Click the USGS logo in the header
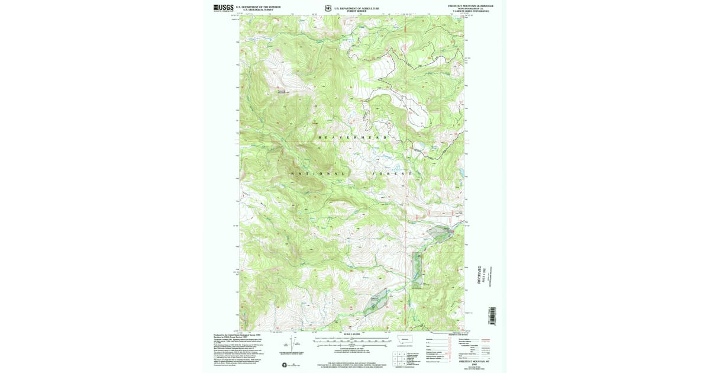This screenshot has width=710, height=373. [223, 8]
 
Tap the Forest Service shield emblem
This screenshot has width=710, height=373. [328, 9]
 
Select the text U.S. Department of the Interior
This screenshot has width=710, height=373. [258, 7]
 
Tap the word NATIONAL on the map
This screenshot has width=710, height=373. [317, 173]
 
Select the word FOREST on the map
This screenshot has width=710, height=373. [391, 173]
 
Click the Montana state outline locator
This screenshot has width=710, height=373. [405, 340]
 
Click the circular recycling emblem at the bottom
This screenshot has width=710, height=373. [285, 365]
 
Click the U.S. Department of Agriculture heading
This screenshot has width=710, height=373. [356, 8]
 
